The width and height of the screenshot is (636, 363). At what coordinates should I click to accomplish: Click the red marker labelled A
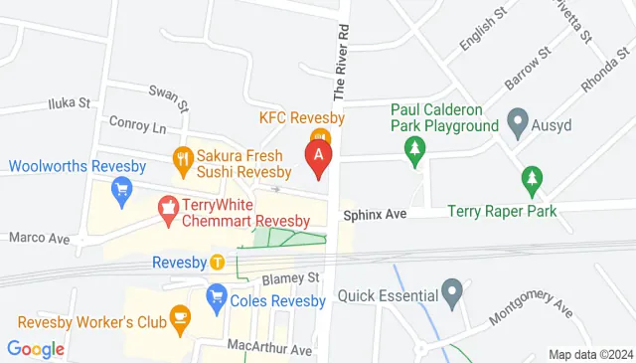(318, 157)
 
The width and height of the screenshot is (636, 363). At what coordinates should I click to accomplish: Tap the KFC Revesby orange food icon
(319, 136)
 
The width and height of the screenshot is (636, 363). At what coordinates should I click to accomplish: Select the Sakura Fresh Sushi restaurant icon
(182, 157)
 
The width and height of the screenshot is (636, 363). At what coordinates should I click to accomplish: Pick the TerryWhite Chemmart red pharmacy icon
(169, 208)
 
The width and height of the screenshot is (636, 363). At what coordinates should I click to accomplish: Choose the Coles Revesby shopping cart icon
(216, 295)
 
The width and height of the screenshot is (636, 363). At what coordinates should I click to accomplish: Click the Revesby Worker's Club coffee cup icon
(180, 318)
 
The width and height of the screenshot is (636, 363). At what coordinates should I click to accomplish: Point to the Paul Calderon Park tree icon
(413, 150)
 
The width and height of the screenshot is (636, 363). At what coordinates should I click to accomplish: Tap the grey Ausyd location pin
(517, 124)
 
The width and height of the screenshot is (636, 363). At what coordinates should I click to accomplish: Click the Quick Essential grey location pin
(453, 294)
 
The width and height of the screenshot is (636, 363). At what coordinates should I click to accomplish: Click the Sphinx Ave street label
(376, 214)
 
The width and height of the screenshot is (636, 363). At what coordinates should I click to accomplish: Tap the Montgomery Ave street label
(531, 304)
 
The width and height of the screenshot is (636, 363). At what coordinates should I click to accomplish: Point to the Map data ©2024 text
(590, 354)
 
